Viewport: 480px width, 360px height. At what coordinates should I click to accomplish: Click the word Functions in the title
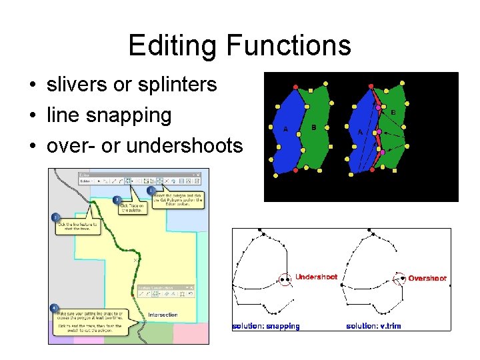289,45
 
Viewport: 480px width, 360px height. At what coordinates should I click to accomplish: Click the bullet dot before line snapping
32,116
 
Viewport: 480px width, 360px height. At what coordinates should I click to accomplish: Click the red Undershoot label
316,277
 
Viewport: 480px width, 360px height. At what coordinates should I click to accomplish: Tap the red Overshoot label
427,278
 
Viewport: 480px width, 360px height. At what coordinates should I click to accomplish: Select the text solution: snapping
266,326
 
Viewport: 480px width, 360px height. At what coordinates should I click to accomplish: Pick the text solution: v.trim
374,326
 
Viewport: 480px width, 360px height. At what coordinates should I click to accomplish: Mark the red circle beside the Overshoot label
400,279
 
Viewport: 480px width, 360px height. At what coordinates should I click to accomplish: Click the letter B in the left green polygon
313,127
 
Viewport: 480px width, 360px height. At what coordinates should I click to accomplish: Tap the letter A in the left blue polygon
286,129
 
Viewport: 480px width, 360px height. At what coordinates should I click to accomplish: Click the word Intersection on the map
163,315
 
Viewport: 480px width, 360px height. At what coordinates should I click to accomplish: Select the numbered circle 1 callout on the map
151,190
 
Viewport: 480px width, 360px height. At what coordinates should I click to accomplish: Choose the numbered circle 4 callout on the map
54,308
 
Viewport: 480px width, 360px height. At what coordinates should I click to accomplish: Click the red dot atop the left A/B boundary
296,87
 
